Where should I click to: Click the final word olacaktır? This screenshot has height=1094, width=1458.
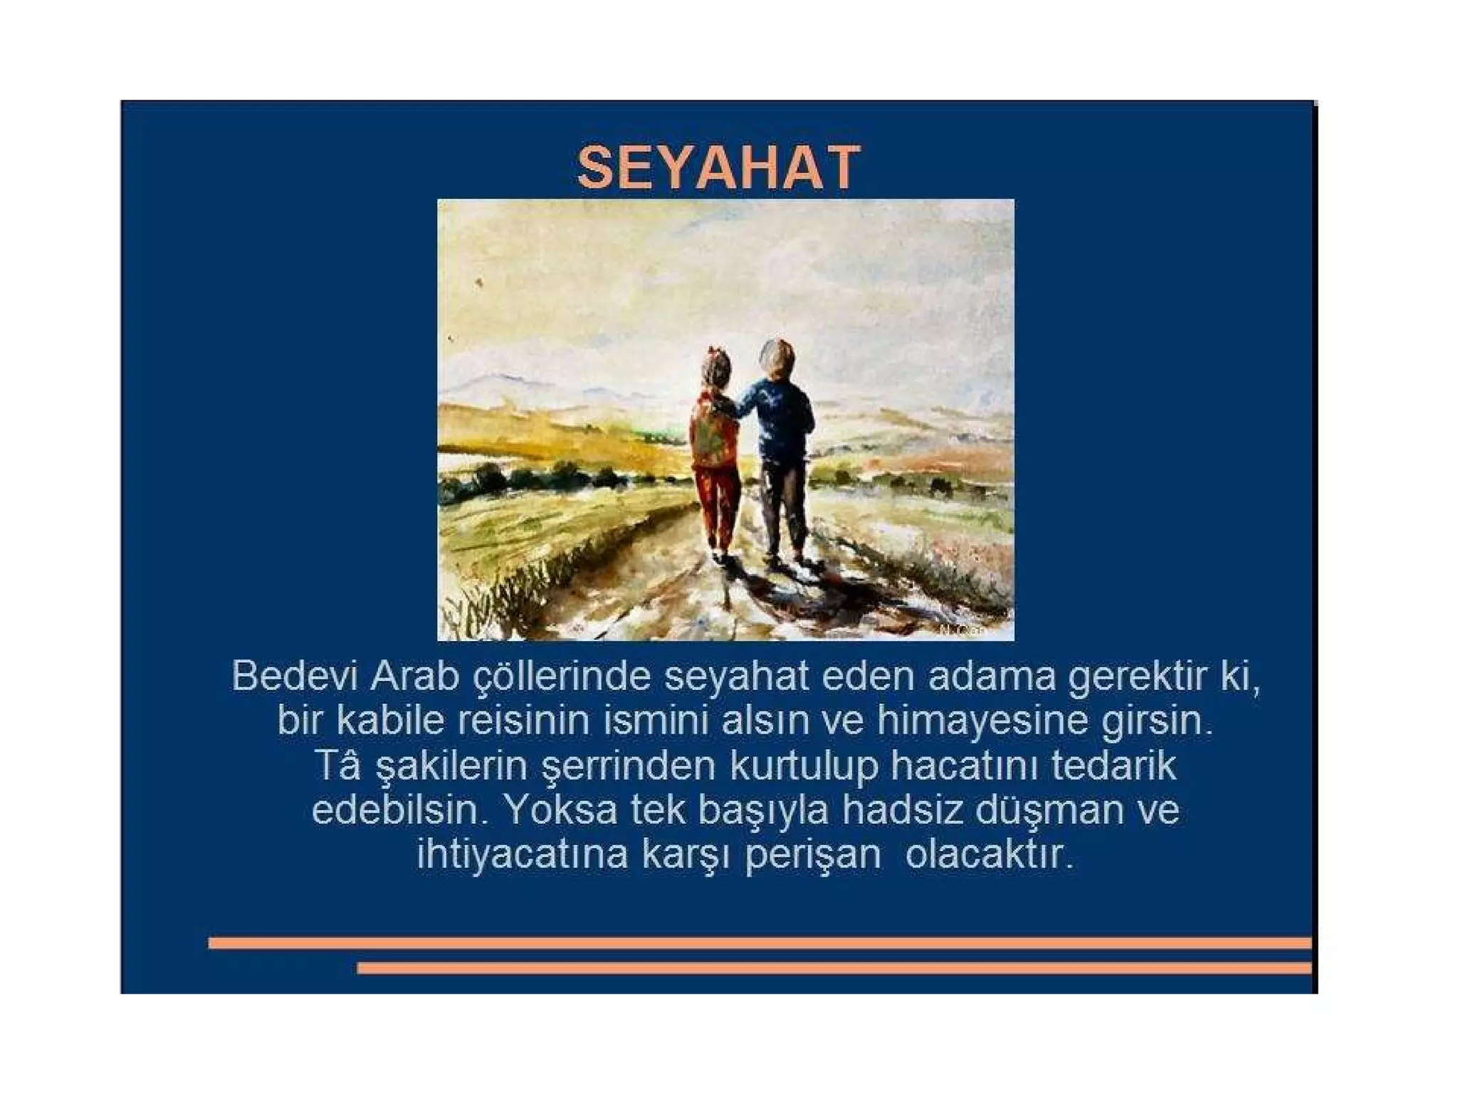[988, 854]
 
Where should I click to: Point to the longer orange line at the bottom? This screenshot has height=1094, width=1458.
[759, 943]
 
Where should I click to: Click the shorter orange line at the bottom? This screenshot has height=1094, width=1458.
[833, 968]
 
